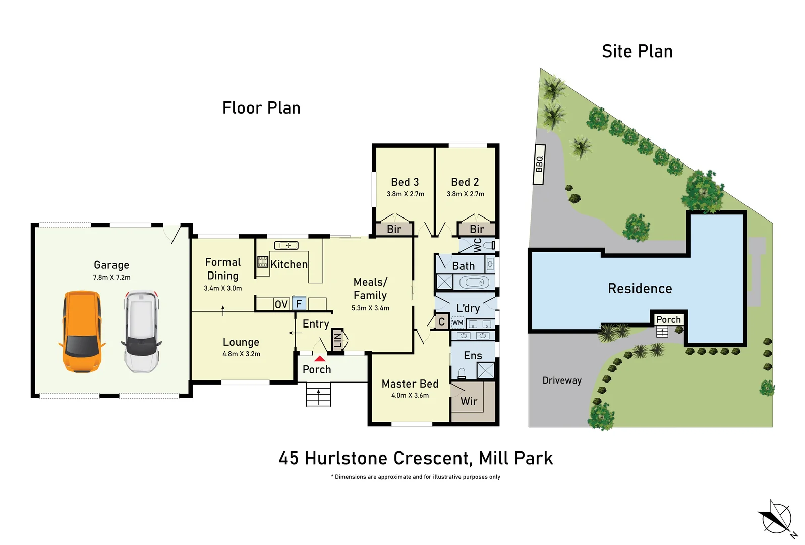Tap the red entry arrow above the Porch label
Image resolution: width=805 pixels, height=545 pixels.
(320, 359)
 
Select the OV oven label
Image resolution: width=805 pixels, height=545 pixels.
(281, 304)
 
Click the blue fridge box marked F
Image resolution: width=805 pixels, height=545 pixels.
(299, 303)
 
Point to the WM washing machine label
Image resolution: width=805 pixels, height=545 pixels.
(457, 322)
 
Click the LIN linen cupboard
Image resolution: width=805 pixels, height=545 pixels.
(337, 340)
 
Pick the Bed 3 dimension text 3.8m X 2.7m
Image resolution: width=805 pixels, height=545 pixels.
(406, 194)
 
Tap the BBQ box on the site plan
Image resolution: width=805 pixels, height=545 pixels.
(539, 164)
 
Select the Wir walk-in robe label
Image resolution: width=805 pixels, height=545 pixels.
(469, 401)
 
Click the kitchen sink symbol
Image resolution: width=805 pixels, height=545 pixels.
(286, 245)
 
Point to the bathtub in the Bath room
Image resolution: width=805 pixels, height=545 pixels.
(474, 282)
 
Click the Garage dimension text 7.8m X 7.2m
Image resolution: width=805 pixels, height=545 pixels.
(111, 277)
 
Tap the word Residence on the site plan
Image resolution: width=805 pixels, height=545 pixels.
(640, 289)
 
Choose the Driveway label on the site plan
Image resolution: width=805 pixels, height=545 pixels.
(562, 380)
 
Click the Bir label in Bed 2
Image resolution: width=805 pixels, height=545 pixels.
(477, 229)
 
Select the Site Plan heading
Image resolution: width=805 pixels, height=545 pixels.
(637, 51)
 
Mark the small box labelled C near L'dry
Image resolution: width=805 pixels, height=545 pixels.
(441, 321)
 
